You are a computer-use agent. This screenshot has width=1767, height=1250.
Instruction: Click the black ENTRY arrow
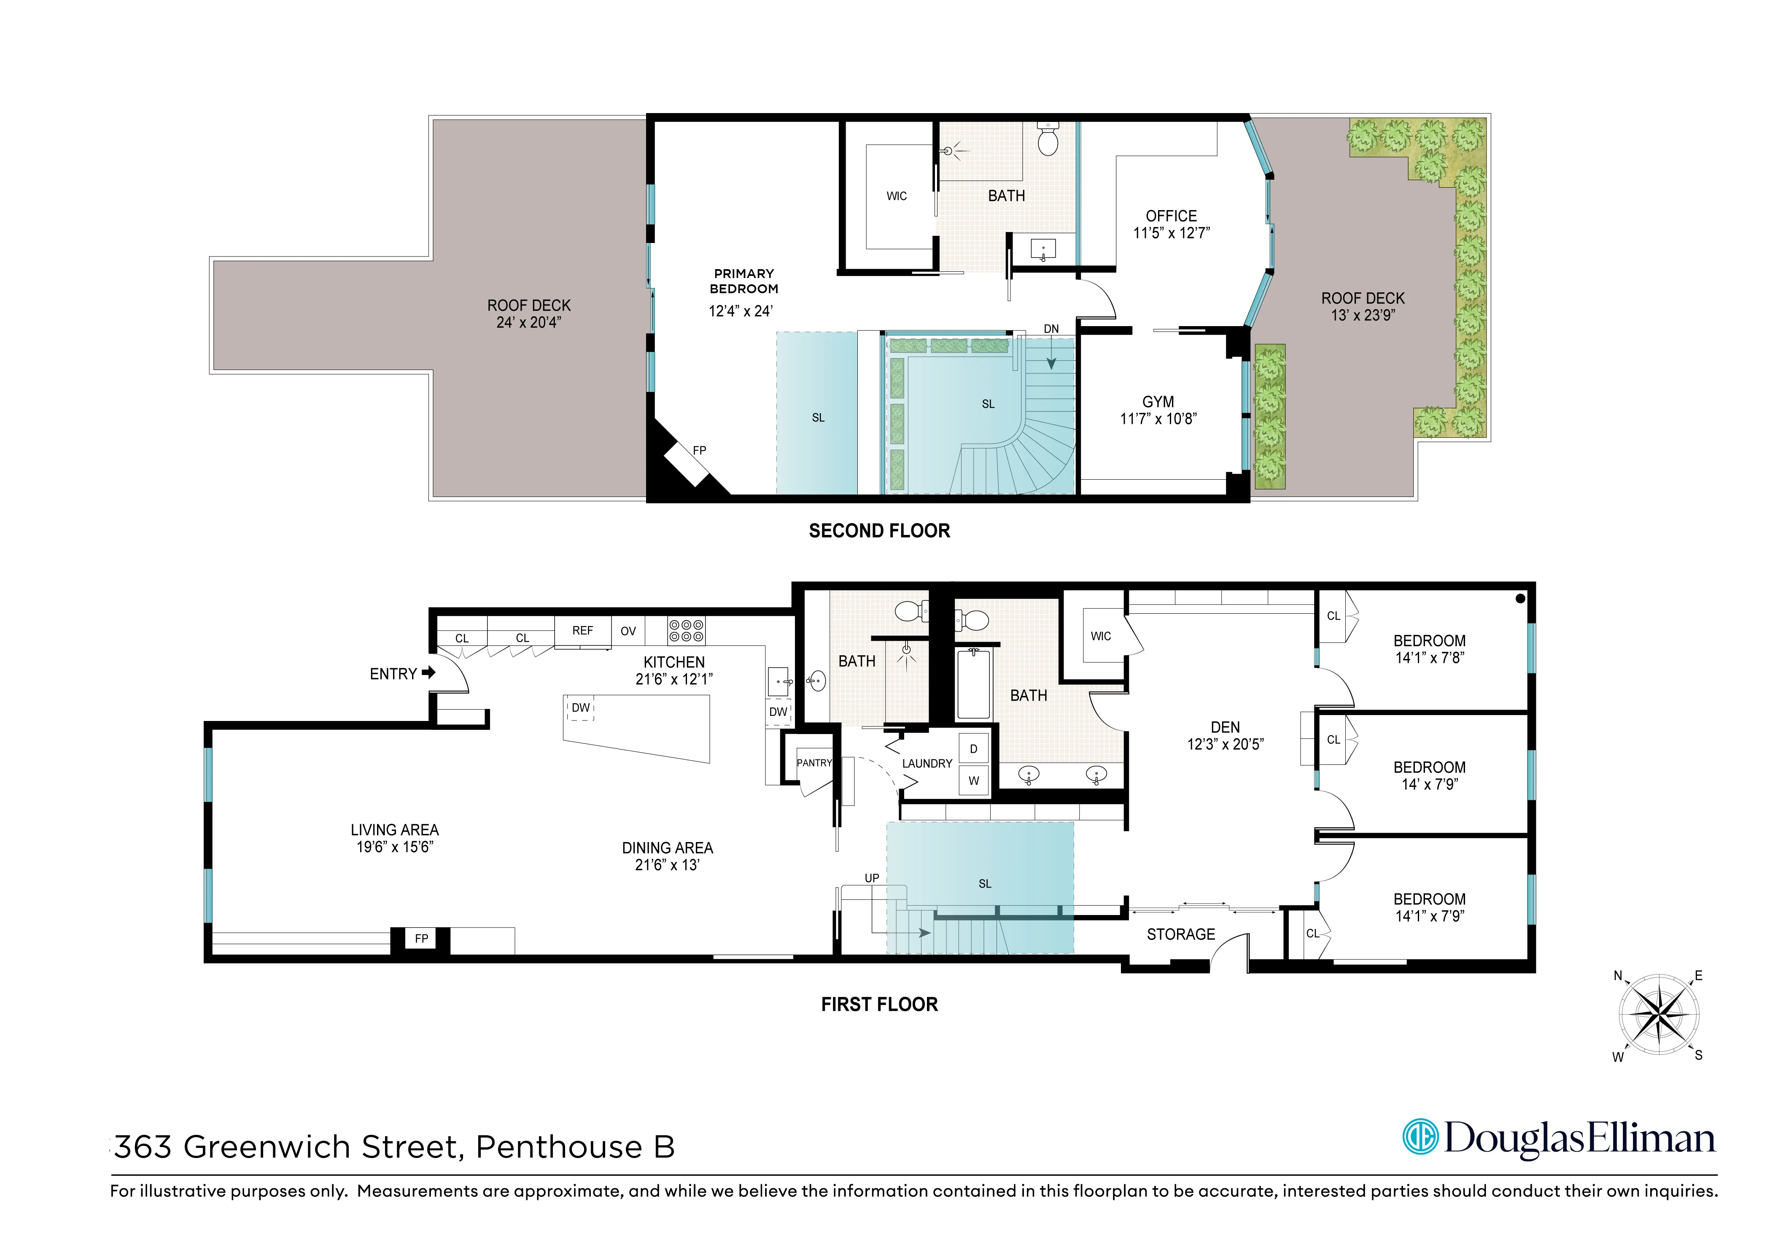428,673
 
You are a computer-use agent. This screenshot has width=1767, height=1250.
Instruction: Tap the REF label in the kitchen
582,630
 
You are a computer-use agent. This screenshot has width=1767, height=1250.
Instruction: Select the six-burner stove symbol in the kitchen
686,631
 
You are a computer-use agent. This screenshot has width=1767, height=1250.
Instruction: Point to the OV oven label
628,631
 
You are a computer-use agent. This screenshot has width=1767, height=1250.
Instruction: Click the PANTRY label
814,763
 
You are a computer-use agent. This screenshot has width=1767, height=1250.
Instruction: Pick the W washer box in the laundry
974,780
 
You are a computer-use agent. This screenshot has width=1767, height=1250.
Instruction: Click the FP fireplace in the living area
421,938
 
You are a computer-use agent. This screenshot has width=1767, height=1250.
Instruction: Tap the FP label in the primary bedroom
699,450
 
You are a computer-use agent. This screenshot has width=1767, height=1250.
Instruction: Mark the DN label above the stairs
1051,329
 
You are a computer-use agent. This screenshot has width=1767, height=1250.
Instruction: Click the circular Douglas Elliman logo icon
1420,1137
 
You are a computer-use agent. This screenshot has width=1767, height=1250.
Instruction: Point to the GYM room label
1158,402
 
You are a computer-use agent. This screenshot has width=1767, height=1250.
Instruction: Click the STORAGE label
1180,934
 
